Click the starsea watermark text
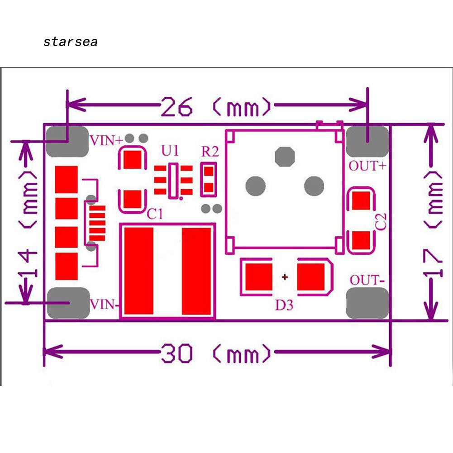(x=70, y=42)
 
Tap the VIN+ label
(x=107, y=140)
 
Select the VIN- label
(x=104, y=305)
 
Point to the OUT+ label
(x=367, y=166)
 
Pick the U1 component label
(x=170, y=151)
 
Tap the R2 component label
(x=210, y=152)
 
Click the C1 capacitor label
(x=155, y=214)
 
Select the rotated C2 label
(x=381, y=222)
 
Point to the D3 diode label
(x=284, y=305)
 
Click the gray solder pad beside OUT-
(x=367, y=303)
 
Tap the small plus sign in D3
(x=285, y=277)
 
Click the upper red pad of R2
(x=209, y=172)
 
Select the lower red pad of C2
(x=361, y=240)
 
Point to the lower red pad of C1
(x=133, y=199)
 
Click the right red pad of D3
(x=310, y=277)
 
